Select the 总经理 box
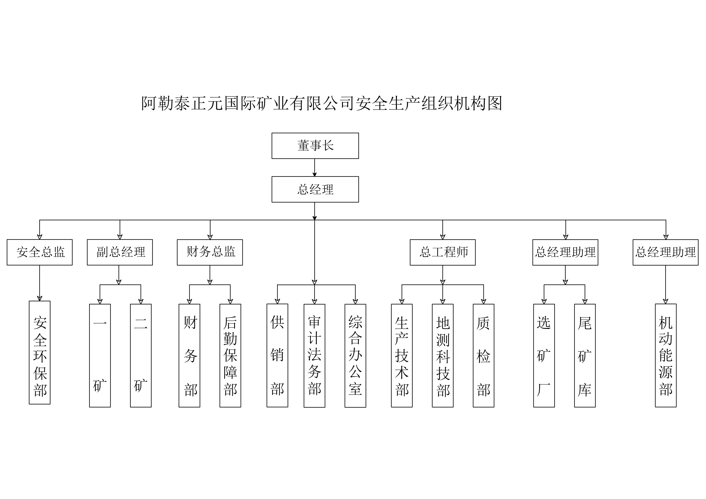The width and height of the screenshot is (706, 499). coord(315,189)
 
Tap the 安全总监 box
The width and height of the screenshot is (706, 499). coord(40,252)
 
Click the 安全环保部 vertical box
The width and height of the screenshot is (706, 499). coord(40,352)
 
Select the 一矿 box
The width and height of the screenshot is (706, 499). coord(100,356)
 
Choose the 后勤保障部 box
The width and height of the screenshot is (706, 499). coord(230,356)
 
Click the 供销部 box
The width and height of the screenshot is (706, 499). coord(277,356)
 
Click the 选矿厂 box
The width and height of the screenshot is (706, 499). coord(544,356)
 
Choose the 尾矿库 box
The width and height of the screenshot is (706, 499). coord(585,356)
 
